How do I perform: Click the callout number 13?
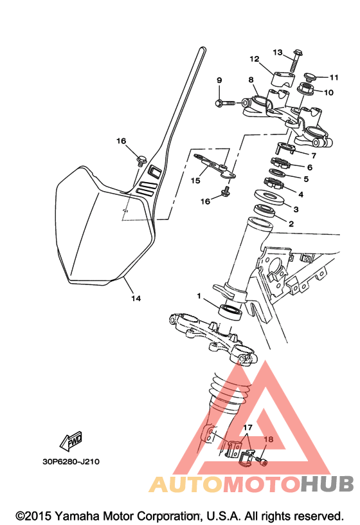(x=278, y=53)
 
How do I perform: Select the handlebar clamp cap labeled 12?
(x=281, y=78)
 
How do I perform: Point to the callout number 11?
(x=334, y=77)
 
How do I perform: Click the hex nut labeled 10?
(x=306, y=88)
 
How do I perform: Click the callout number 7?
(x=314, y=156)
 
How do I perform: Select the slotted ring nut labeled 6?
(x=280, y=163)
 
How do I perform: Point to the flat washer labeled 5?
(x=277, y=173)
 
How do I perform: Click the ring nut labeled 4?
(x=274, y=183)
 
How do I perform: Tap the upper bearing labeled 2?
(x=264, y=211)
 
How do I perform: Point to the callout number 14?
(x=136, y=299)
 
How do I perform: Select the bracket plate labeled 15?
(x=215, y=167)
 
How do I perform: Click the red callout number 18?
(x=269, y=439)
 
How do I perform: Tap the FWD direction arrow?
(x=71, y=441)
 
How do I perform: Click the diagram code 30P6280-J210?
(x=71, y=462)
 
